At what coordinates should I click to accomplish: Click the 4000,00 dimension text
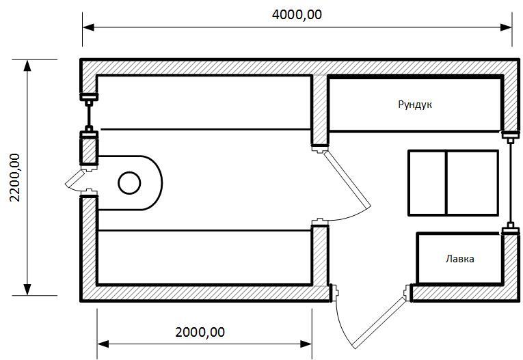(x=297, y=14)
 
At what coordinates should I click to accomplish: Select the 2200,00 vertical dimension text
(x=15, y=178)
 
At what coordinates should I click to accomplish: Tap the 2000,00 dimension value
(x=200, y=332)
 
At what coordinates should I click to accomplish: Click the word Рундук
(x=415, y=105)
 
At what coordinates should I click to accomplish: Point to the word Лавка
(x=459, y=259)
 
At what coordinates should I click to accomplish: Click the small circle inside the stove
(x=129, y=183)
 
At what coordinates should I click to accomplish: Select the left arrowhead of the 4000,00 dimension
(x=88, y=27)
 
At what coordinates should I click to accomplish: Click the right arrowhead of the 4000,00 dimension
(x=507, y=27)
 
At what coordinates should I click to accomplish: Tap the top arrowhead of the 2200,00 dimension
(x=27, y=66)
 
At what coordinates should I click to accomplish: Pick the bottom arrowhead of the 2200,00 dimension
(x=27, y=290)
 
